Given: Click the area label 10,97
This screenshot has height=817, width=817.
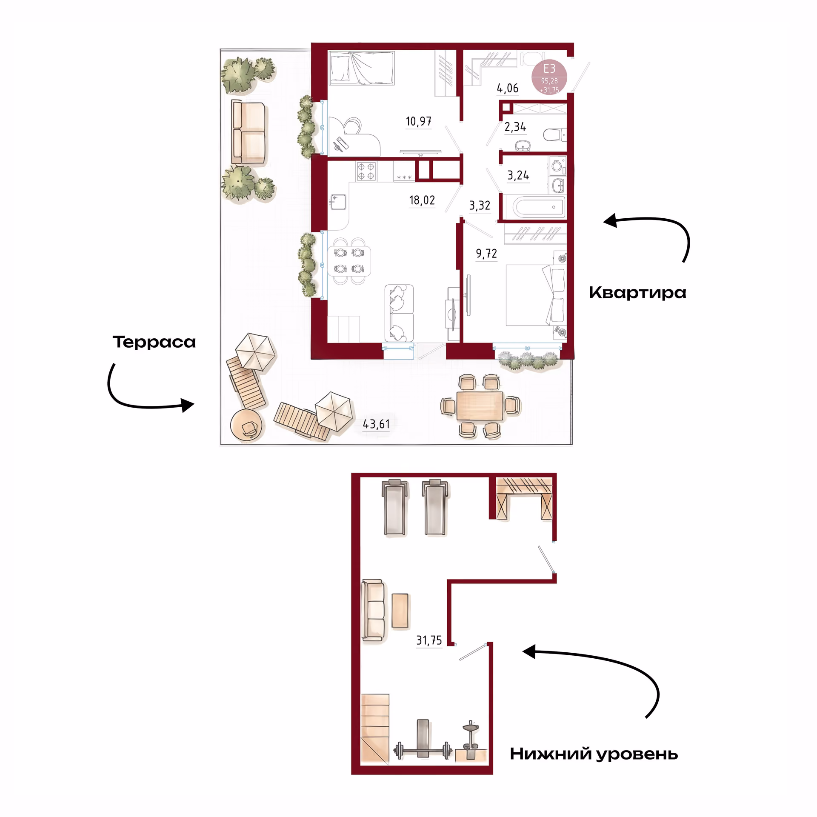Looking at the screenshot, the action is tap(418, 122).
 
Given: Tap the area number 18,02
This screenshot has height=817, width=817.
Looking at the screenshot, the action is tap(422, 200).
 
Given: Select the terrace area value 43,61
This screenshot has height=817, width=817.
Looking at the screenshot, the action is tap(376, 424).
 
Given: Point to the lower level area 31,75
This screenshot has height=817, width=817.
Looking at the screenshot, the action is tap(429, 640).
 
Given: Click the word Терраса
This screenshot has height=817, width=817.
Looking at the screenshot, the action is tap(154, 342).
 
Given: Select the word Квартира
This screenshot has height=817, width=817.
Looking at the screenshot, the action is tap(637, 293).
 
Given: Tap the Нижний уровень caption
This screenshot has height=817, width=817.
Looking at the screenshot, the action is tap(594, 754).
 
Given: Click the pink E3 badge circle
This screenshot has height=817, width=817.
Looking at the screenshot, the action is tap(549, 77).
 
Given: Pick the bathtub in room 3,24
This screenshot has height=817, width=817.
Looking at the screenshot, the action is tap(539, 207).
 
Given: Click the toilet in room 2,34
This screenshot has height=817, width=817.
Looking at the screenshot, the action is tap(555, 135).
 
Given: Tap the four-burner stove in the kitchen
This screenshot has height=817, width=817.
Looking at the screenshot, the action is tap(366, 171).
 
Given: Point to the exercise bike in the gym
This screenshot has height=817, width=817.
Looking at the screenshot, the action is tap(471, 741).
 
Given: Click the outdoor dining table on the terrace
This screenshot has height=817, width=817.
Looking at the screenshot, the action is tap(480, 406).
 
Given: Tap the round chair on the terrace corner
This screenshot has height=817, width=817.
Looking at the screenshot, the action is tap(247, 425).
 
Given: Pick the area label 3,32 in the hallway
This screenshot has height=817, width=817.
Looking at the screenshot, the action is tap(480, 206).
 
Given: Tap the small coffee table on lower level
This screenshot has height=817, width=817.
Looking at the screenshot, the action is tap(400, 611).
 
